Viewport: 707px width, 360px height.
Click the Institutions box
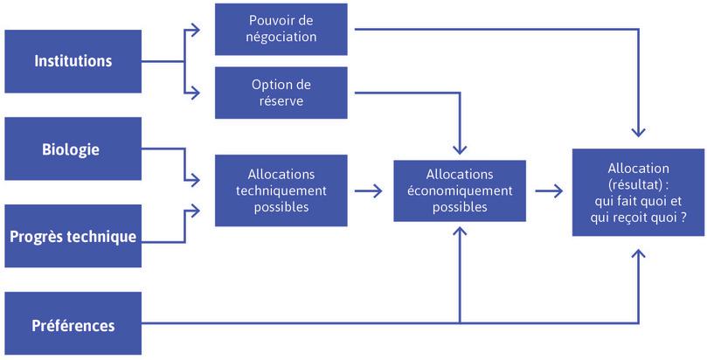(73, 61)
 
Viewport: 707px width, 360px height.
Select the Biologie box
(73, 149)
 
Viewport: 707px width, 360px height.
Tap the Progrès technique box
(73, 236)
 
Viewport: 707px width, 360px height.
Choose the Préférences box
(73, 324)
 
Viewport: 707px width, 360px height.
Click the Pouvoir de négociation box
(281, 29)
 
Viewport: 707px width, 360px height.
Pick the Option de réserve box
(281, 93)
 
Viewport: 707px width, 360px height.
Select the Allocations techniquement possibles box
(281, 190)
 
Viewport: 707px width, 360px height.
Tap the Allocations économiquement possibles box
(460, 190)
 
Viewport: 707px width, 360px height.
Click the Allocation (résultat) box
(639, 190)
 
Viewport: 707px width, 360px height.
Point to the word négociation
(281, 38)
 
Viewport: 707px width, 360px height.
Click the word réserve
(281, 102)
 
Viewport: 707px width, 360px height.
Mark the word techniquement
(281, 190)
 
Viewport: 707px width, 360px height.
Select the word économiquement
(460, 190)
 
